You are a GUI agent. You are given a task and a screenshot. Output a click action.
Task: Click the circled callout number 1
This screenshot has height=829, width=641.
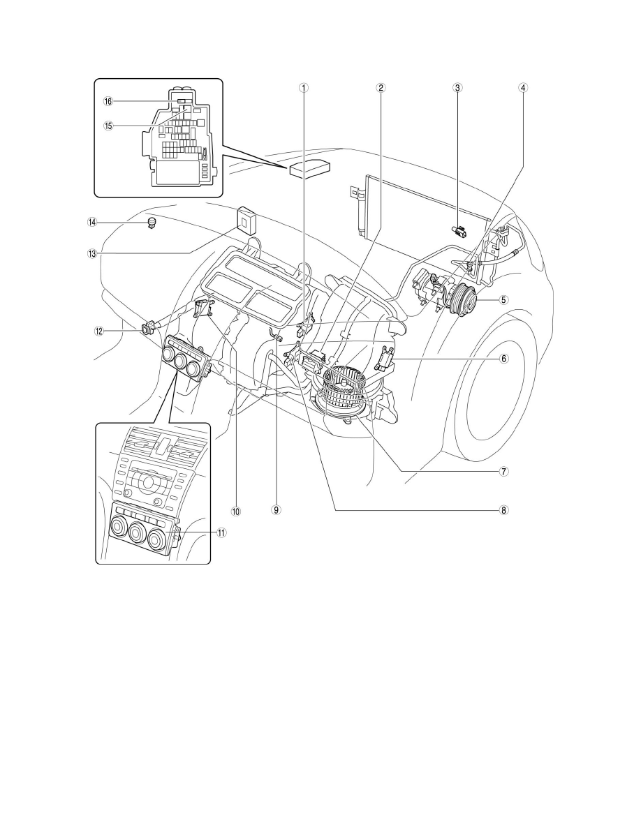pos(303,88)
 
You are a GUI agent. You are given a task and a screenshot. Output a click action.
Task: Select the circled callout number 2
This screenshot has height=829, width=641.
pos(381,88)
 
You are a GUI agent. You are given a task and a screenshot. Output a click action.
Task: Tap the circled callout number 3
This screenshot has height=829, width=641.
pos(458,88)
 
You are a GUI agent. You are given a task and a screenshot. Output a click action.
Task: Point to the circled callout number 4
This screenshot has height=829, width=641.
pos(522,88)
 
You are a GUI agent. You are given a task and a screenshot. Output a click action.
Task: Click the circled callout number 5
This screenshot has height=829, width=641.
pos(504,300)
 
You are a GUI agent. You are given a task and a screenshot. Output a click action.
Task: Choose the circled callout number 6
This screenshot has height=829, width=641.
pos(504,359)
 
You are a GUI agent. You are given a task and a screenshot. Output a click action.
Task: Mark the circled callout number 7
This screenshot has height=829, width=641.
pos(504,470)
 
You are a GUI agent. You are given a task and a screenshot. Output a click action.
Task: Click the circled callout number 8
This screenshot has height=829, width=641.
pos(504,510)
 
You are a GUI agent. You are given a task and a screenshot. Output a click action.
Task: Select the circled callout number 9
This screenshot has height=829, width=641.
pos(276,510)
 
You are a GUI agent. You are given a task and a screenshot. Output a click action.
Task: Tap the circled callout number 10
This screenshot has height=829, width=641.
pos(235,511)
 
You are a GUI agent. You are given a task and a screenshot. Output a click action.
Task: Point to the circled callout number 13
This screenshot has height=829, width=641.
pos(92,253)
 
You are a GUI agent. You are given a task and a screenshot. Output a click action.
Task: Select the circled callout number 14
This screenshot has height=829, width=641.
pos(92,222)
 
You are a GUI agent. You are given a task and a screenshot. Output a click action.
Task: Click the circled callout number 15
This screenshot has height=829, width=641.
pos(108,126)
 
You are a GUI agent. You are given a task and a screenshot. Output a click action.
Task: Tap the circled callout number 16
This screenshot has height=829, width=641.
pos(108,101)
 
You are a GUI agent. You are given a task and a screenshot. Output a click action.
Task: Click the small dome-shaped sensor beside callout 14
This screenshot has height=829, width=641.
pos(153,222)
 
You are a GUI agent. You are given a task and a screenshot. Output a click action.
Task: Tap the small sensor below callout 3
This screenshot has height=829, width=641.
pos(459,230)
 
